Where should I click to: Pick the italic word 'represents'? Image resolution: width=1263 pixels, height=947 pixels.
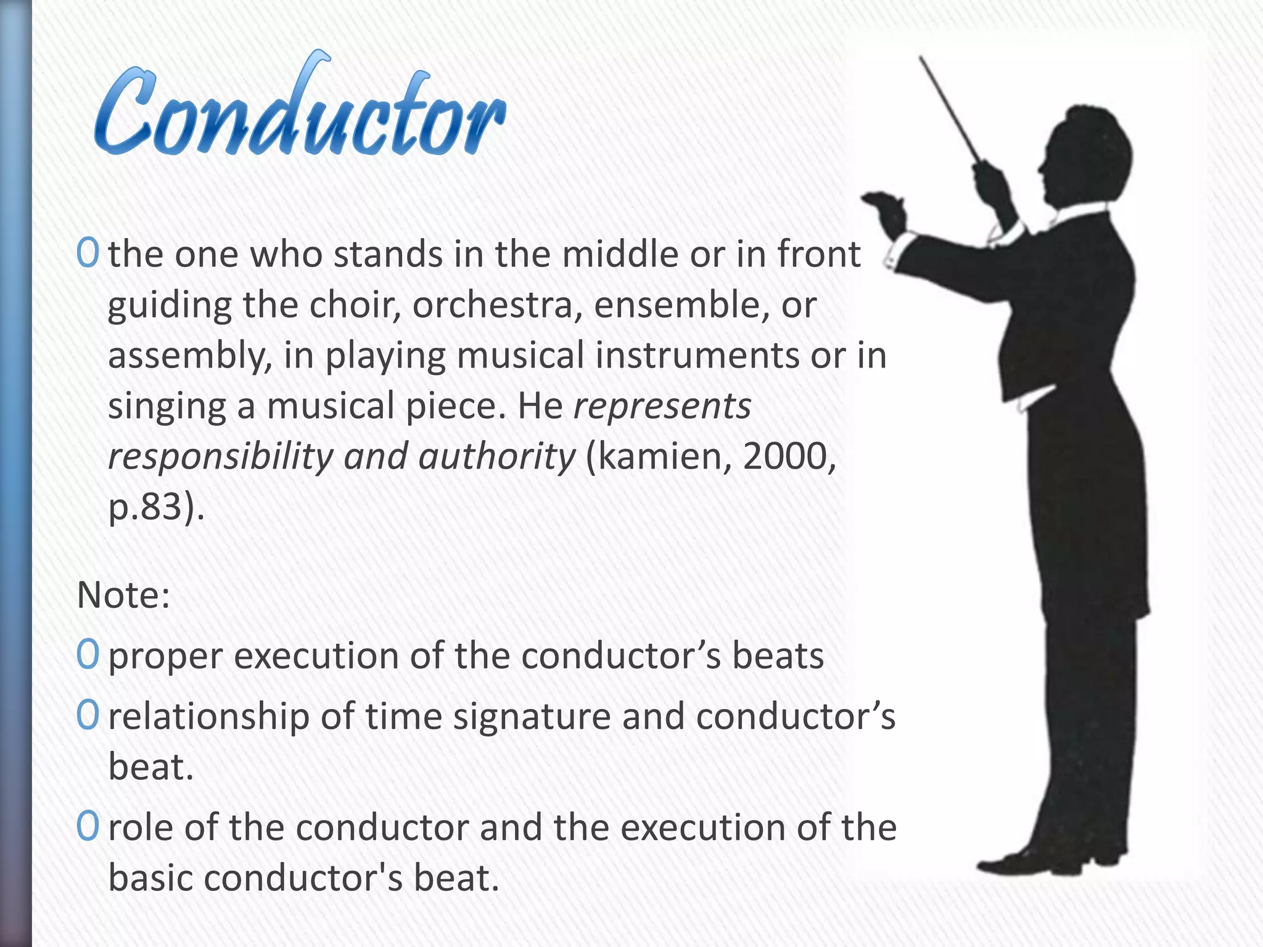662,406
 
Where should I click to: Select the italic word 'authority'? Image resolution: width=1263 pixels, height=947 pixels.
496,457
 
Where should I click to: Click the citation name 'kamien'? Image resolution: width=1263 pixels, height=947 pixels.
664,457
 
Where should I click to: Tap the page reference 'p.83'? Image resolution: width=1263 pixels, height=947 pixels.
148,507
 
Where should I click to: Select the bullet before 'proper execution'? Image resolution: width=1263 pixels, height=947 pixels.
88,655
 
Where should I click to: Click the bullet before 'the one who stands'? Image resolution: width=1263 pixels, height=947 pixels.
88,253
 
